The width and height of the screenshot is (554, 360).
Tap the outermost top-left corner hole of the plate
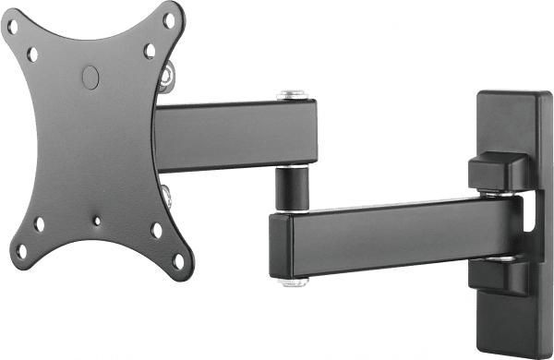[13, 27]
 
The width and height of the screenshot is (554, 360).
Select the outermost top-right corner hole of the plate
[169, 18]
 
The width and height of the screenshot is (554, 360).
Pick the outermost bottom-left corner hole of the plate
[21, 249]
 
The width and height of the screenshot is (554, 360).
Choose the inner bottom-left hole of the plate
[39, 223]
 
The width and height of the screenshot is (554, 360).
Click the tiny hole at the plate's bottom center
[96, 221]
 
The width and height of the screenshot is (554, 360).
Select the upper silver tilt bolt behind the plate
[166, 75]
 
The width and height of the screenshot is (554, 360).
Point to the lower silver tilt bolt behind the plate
[167, 196]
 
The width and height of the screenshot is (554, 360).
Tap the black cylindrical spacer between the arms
[293, 188]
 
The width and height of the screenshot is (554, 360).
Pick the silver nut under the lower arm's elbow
[295, 280]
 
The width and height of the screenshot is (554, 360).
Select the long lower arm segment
[397, 235]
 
